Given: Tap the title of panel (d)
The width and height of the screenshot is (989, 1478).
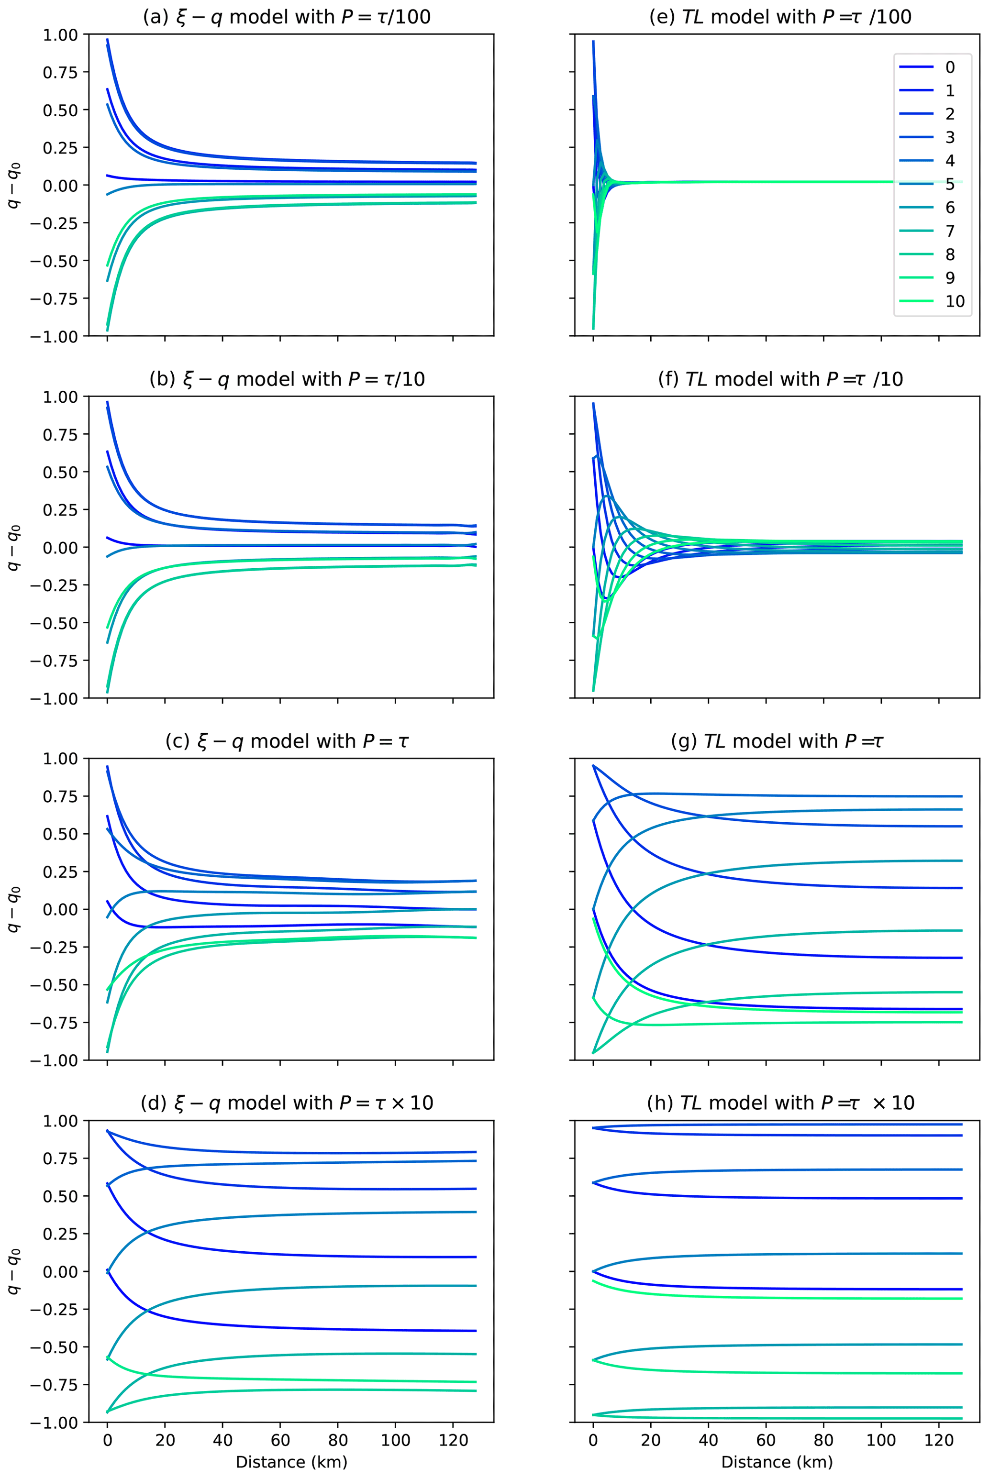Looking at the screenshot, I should coord(287,1103).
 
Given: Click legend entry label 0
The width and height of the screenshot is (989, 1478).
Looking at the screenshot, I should coord(950,67).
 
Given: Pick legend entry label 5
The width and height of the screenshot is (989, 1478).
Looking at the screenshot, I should coord(950,184).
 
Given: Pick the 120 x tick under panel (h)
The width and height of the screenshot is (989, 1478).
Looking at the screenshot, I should coord(939,1440).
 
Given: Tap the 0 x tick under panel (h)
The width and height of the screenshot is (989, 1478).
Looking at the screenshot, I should coord(593,1440).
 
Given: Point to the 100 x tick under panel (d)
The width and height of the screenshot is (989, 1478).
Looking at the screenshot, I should coord(396,1440).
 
